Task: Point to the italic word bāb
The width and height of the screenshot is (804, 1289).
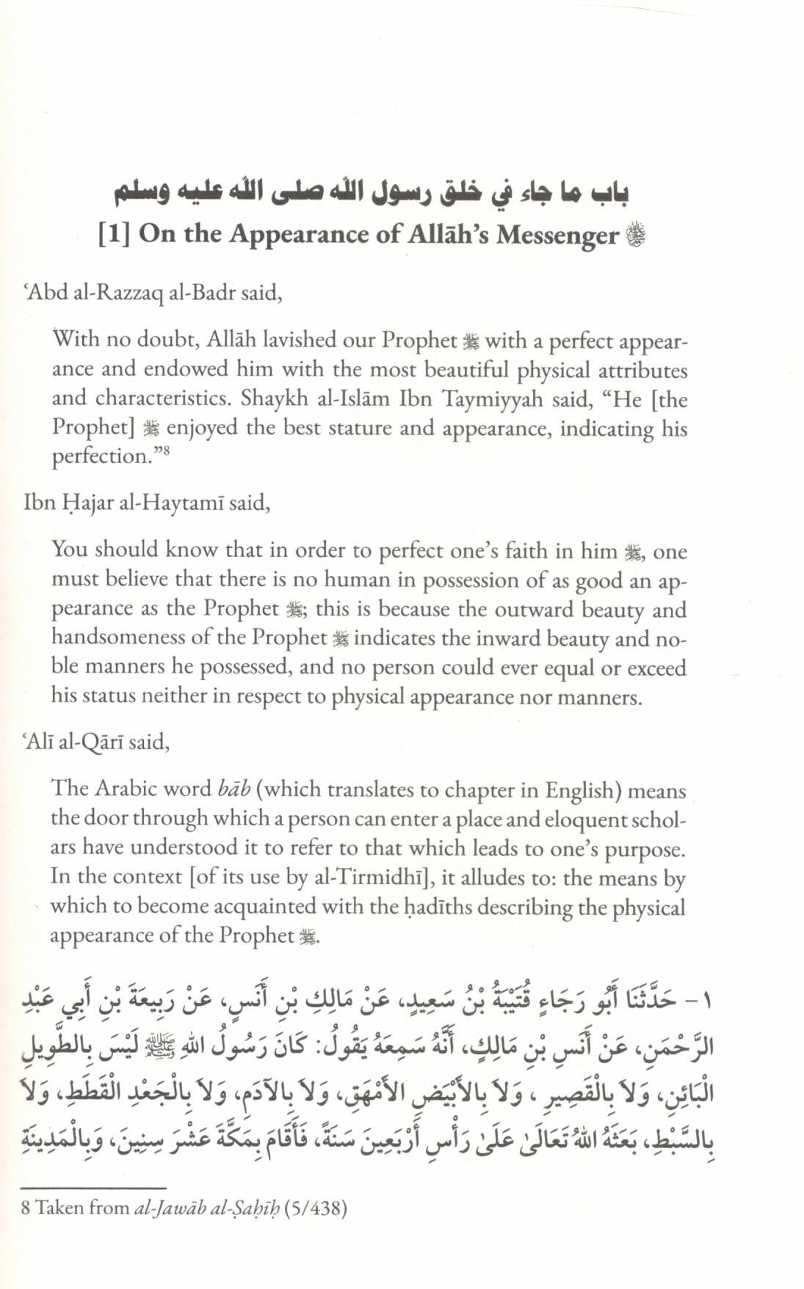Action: click(x=234, y=789)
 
